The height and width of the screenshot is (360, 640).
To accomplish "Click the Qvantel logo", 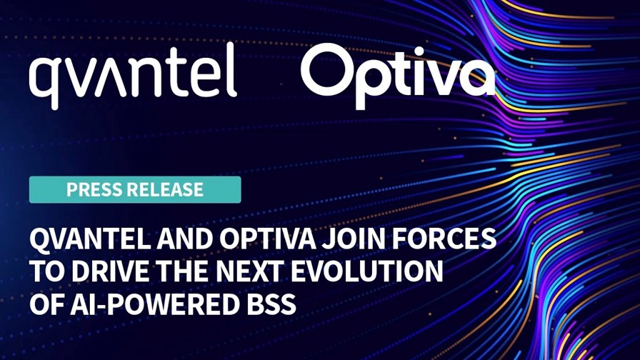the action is tap(133, 76).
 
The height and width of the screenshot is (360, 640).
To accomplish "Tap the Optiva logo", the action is tap(398, 76).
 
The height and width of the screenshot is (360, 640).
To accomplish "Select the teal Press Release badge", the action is tap(135, 190).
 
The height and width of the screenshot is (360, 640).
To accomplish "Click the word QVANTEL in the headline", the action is tap(90, 239).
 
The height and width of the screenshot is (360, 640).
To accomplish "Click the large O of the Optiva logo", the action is tap(329, 71).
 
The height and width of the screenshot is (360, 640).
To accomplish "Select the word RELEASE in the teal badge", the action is tap(166, 190).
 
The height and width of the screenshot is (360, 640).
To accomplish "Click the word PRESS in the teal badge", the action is tap(95, 190).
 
